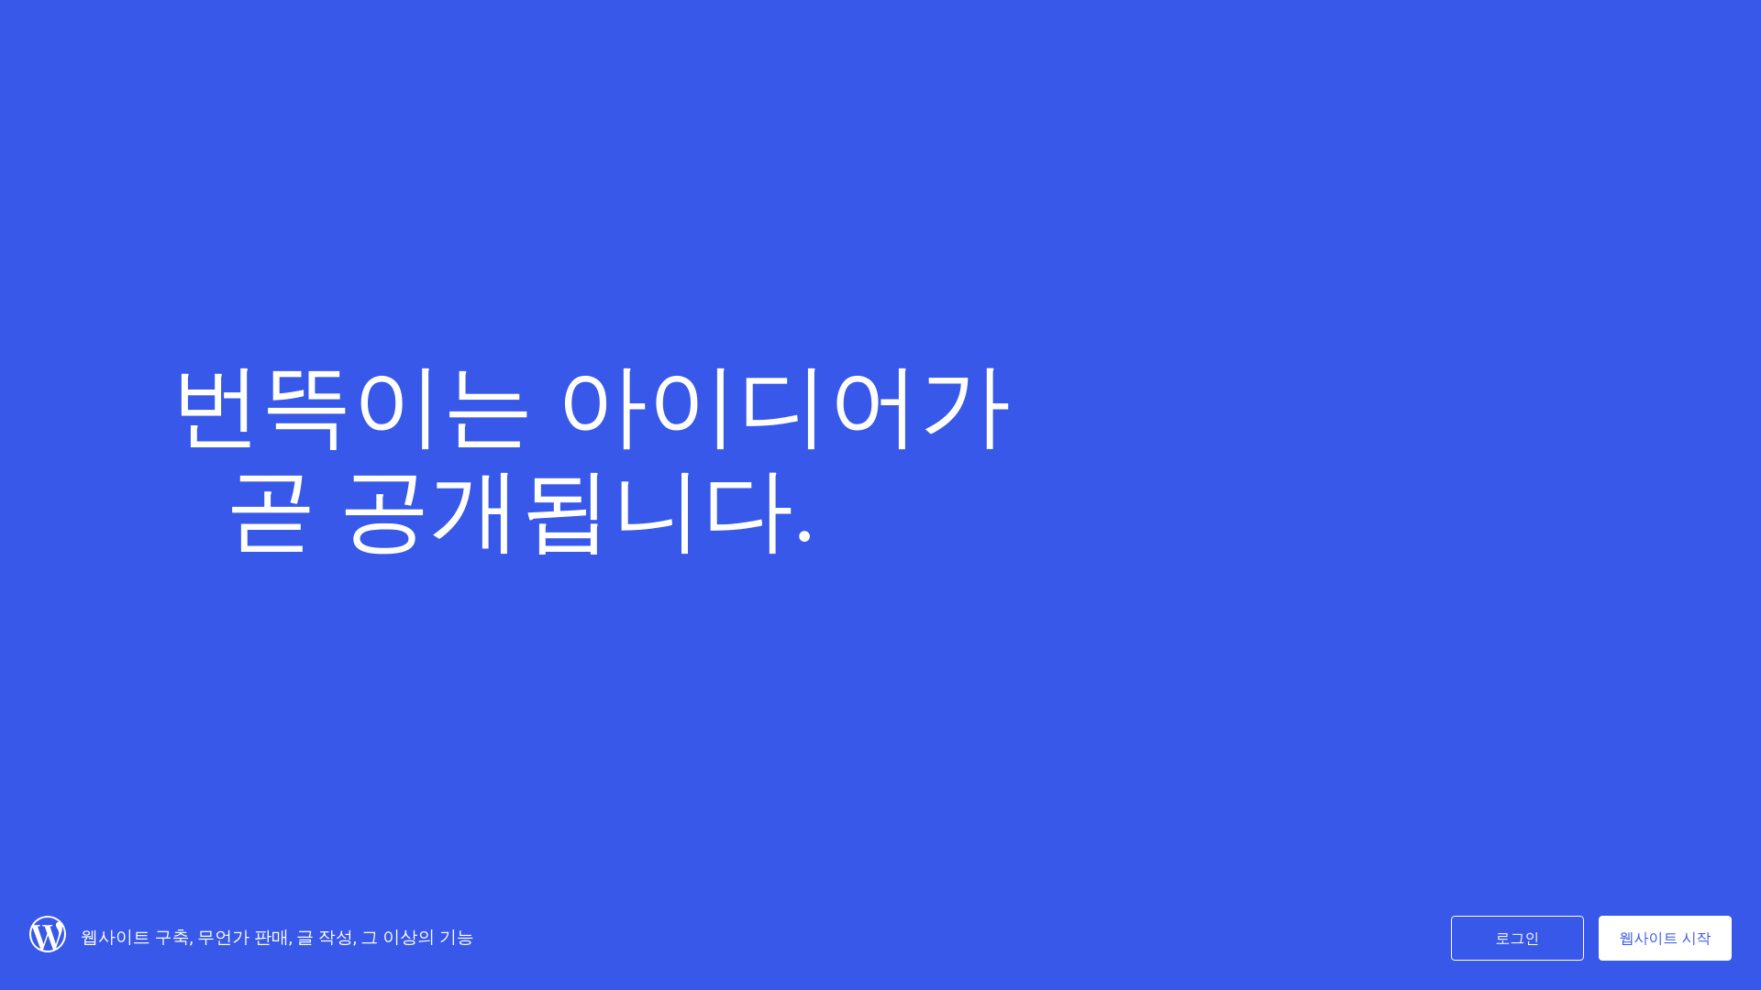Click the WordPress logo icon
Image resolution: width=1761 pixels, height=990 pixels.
(48, 934)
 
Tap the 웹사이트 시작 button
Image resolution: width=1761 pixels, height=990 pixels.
(1665, 938)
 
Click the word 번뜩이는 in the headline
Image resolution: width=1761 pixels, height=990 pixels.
(351, 407)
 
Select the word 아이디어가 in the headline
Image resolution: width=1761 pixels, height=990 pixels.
(785, 407)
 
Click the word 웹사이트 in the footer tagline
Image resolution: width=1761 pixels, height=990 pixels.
(115, 937)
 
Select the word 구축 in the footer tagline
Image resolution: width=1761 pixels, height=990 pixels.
(172, 937)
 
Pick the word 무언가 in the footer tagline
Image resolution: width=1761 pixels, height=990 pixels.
(223, 937)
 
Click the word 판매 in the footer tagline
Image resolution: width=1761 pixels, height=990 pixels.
(271, 937)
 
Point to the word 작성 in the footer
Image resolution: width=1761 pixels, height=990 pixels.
(335, 937)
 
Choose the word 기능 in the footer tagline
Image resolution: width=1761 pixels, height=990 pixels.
(456, 937)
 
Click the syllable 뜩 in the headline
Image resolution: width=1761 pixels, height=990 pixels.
(305, 407)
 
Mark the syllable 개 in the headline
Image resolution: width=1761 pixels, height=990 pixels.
(474, 512)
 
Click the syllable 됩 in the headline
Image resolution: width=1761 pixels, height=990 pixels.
(565, 512)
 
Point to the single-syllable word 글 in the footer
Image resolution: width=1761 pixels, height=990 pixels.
(305, 937)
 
